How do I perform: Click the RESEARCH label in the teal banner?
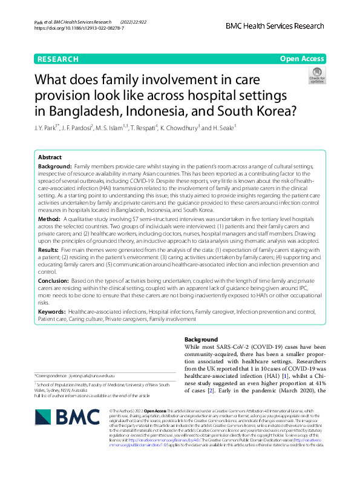tap(58, 59)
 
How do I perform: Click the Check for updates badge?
tap(316, 75)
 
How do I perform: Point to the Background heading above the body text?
tap(201, 340)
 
